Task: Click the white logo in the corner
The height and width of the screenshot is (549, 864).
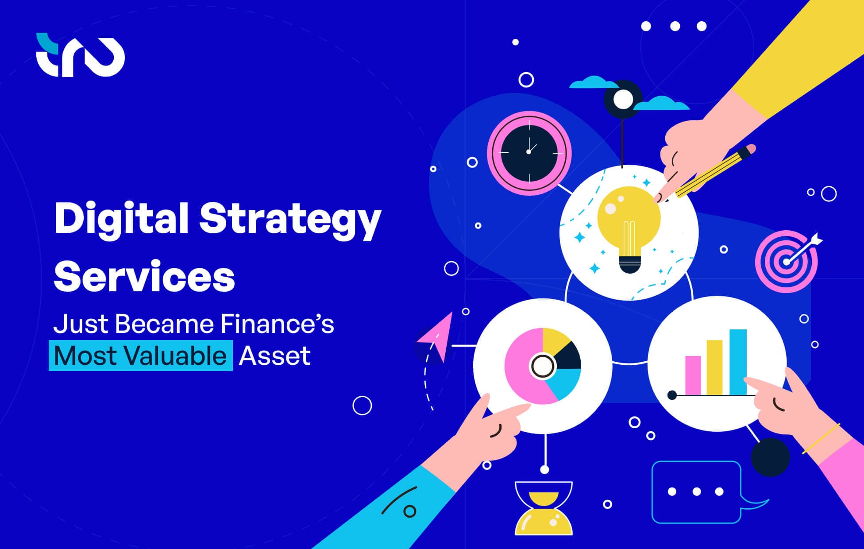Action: (80, 55)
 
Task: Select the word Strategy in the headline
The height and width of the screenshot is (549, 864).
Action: (290, 220)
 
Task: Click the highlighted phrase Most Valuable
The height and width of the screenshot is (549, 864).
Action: (140, 356)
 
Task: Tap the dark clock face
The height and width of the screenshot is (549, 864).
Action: (529, 152)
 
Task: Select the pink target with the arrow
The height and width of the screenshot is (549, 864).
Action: (785, 262)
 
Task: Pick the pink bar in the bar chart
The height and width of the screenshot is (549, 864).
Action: (693, 375)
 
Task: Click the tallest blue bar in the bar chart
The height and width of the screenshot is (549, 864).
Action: (738, 361)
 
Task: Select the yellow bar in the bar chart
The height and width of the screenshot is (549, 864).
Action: (714, 367)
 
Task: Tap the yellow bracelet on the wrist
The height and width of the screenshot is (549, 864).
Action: (821, 439)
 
